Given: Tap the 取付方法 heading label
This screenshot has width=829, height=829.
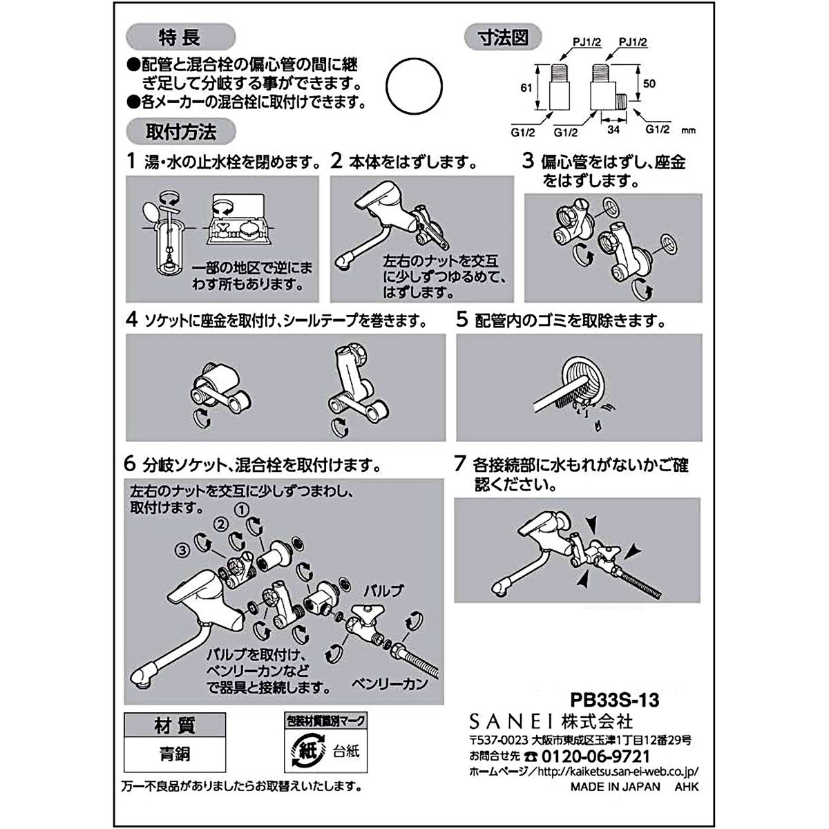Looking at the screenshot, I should [x=181, y=130].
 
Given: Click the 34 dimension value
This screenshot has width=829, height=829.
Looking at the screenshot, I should [x=612, y=127].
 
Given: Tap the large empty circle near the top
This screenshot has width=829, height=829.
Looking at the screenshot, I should [x=414, y=83].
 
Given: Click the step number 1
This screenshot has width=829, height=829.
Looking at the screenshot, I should [x=132, y=162].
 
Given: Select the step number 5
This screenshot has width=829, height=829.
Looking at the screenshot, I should [x=462, y=321].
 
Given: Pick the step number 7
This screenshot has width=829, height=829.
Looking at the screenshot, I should [x=461, y=464].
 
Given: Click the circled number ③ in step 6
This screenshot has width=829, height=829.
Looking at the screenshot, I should [x=181, y=551].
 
